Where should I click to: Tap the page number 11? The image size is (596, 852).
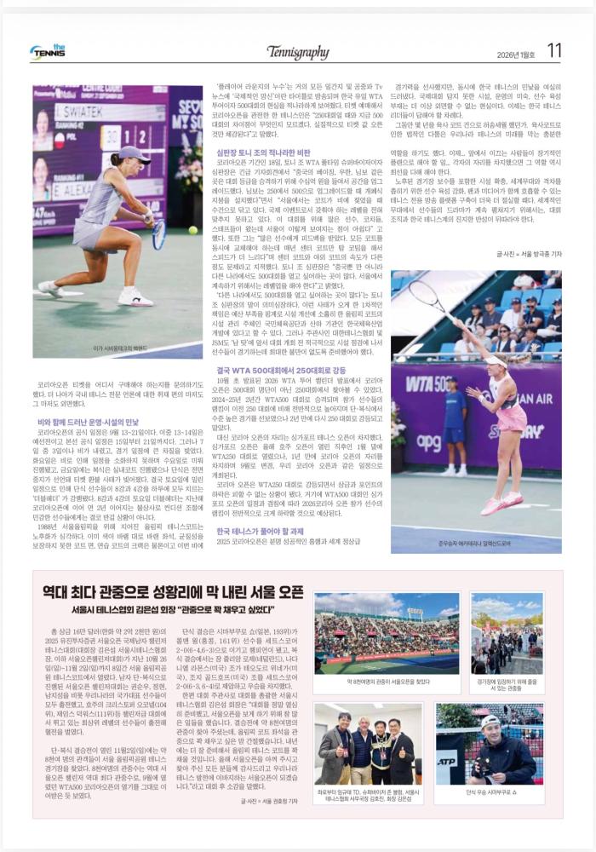coord(554,51)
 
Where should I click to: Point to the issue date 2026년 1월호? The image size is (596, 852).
coord(515,54)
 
